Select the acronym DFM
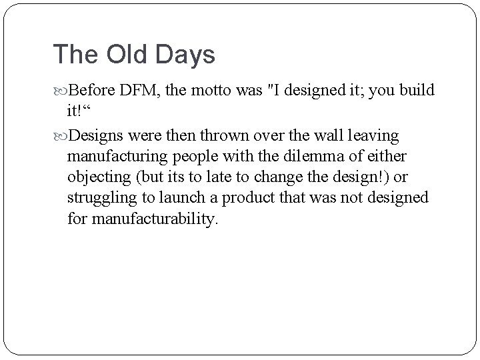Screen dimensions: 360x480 [x=139, y=89]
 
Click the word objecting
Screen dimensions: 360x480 [x=98, y=177]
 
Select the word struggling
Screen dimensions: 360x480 [x=101, y=198]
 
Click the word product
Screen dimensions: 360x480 [x=251, y=198]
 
